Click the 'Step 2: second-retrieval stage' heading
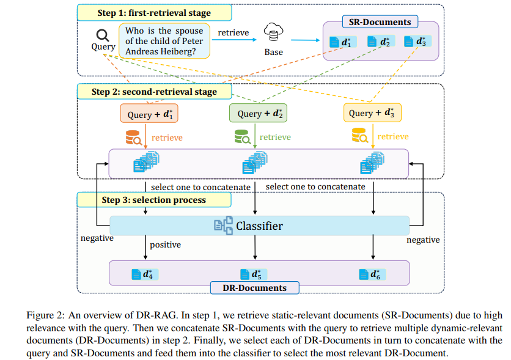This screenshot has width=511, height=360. tap(154, 92)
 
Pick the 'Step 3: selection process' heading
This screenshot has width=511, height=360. tap(153, 200)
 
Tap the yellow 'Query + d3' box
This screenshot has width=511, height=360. tap(373, 113)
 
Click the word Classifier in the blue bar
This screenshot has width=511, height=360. tap(259, 226)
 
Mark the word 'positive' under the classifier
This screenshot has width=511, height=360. tap(165, 245)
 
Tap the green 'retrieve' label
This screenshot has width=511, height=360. tap(275, 138)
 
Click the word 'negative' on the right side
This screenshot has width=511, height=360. tap(423, 240)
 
